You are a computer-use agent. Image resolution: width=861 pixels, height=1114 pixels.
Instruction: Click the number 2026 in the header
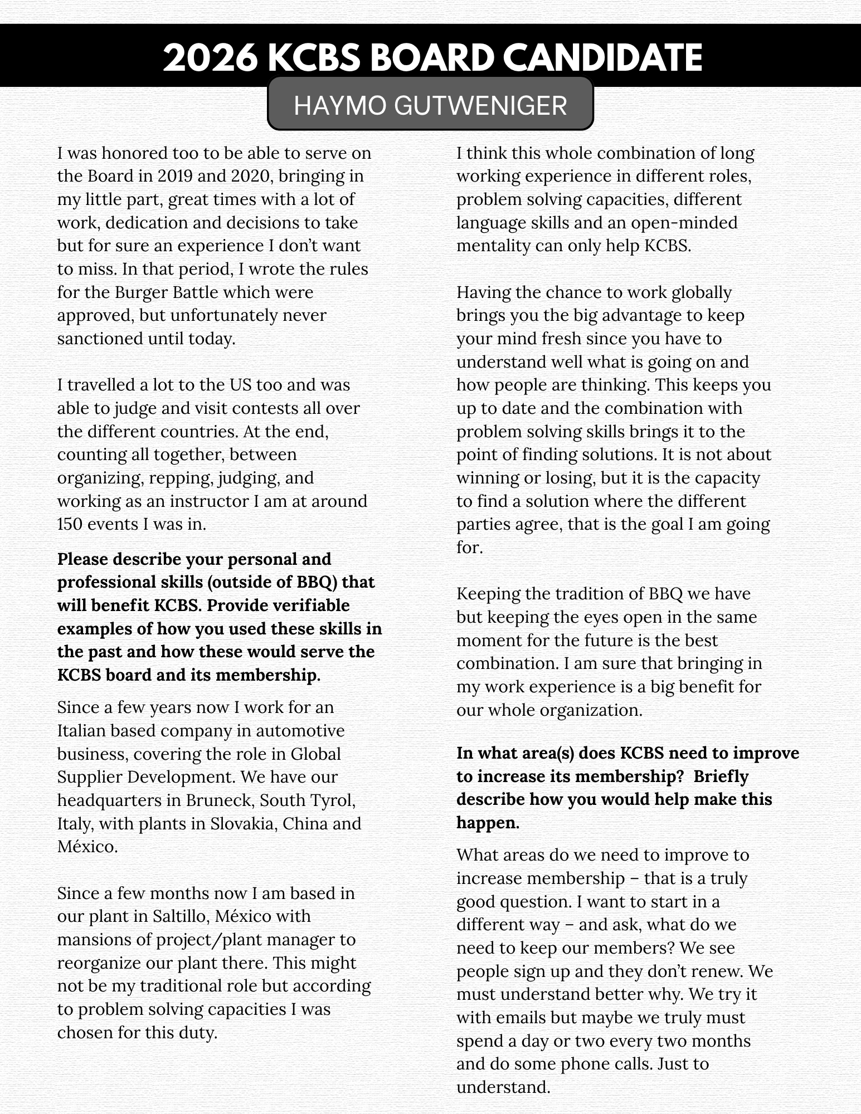(x=210, y=58)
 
